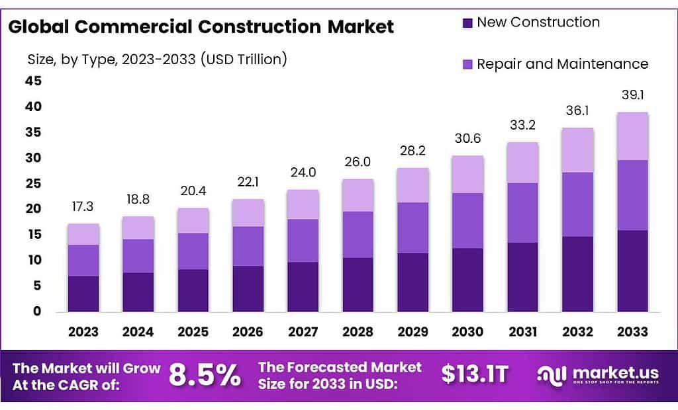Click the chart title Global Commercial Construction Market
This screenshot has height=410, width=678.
(201, 26)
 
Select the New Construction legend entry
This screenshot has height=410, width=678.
(538, 22)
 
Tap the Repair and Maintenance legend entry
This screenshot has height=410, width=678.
(562, 64)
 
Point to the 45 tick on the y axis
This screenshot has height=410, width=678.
(33, 81)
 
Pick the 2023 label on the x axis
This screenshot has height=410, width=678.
(83, 331)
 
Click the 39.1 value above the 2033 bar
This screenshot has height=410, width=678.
(632, 95)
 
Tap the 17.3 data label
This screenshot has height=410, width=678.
(83, 208)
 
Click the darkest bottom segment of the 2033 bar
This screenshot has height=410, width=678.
(632, 271)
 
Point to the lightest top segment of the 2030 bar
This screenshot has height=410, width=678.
(467, 175)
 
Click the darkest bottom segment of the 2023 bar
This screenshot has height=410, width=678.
(83, 294)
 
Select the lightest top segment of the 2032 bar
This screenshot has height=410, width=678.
(577, 150)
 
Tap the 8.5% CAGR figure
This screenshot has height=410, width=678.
(205, 375)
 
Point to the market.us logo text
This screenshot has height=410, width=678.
(606, 372)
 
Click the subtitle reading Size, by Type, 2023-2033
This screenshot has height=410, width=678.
(156, 60)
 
